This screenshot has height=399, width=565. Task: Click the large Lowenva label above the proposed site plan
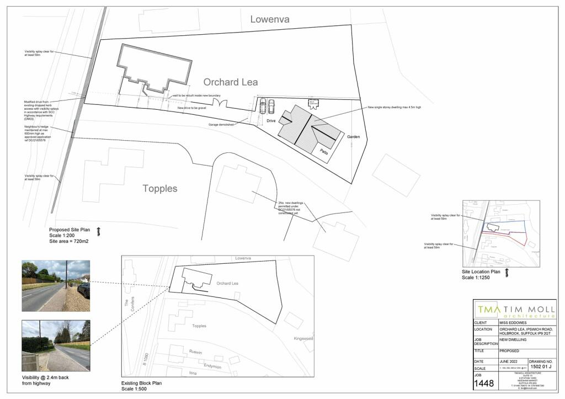click(x=270, y=19)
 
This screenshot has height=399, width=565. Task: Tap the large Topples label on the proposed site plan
click(x=160, y=189)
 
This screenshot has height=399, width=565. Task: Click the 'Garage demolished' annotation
click(x=221, y=125)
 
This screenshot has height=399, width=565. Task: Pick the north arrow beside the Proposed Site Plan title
click(x=99, y=231)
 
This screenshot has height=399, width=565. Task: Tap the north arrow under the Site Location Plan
click(x=507, y=273)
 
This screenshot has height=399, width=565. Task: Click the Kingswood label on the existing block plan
click(x=303, y=338)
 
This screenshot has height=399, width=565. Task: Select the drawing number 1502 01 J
click(x=542, y=366)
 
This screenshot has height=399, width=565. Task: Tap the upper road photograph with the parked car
click(x=55, y=279)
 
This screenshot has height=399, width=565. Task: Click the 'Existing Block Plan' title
click(x=142, y=383)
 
